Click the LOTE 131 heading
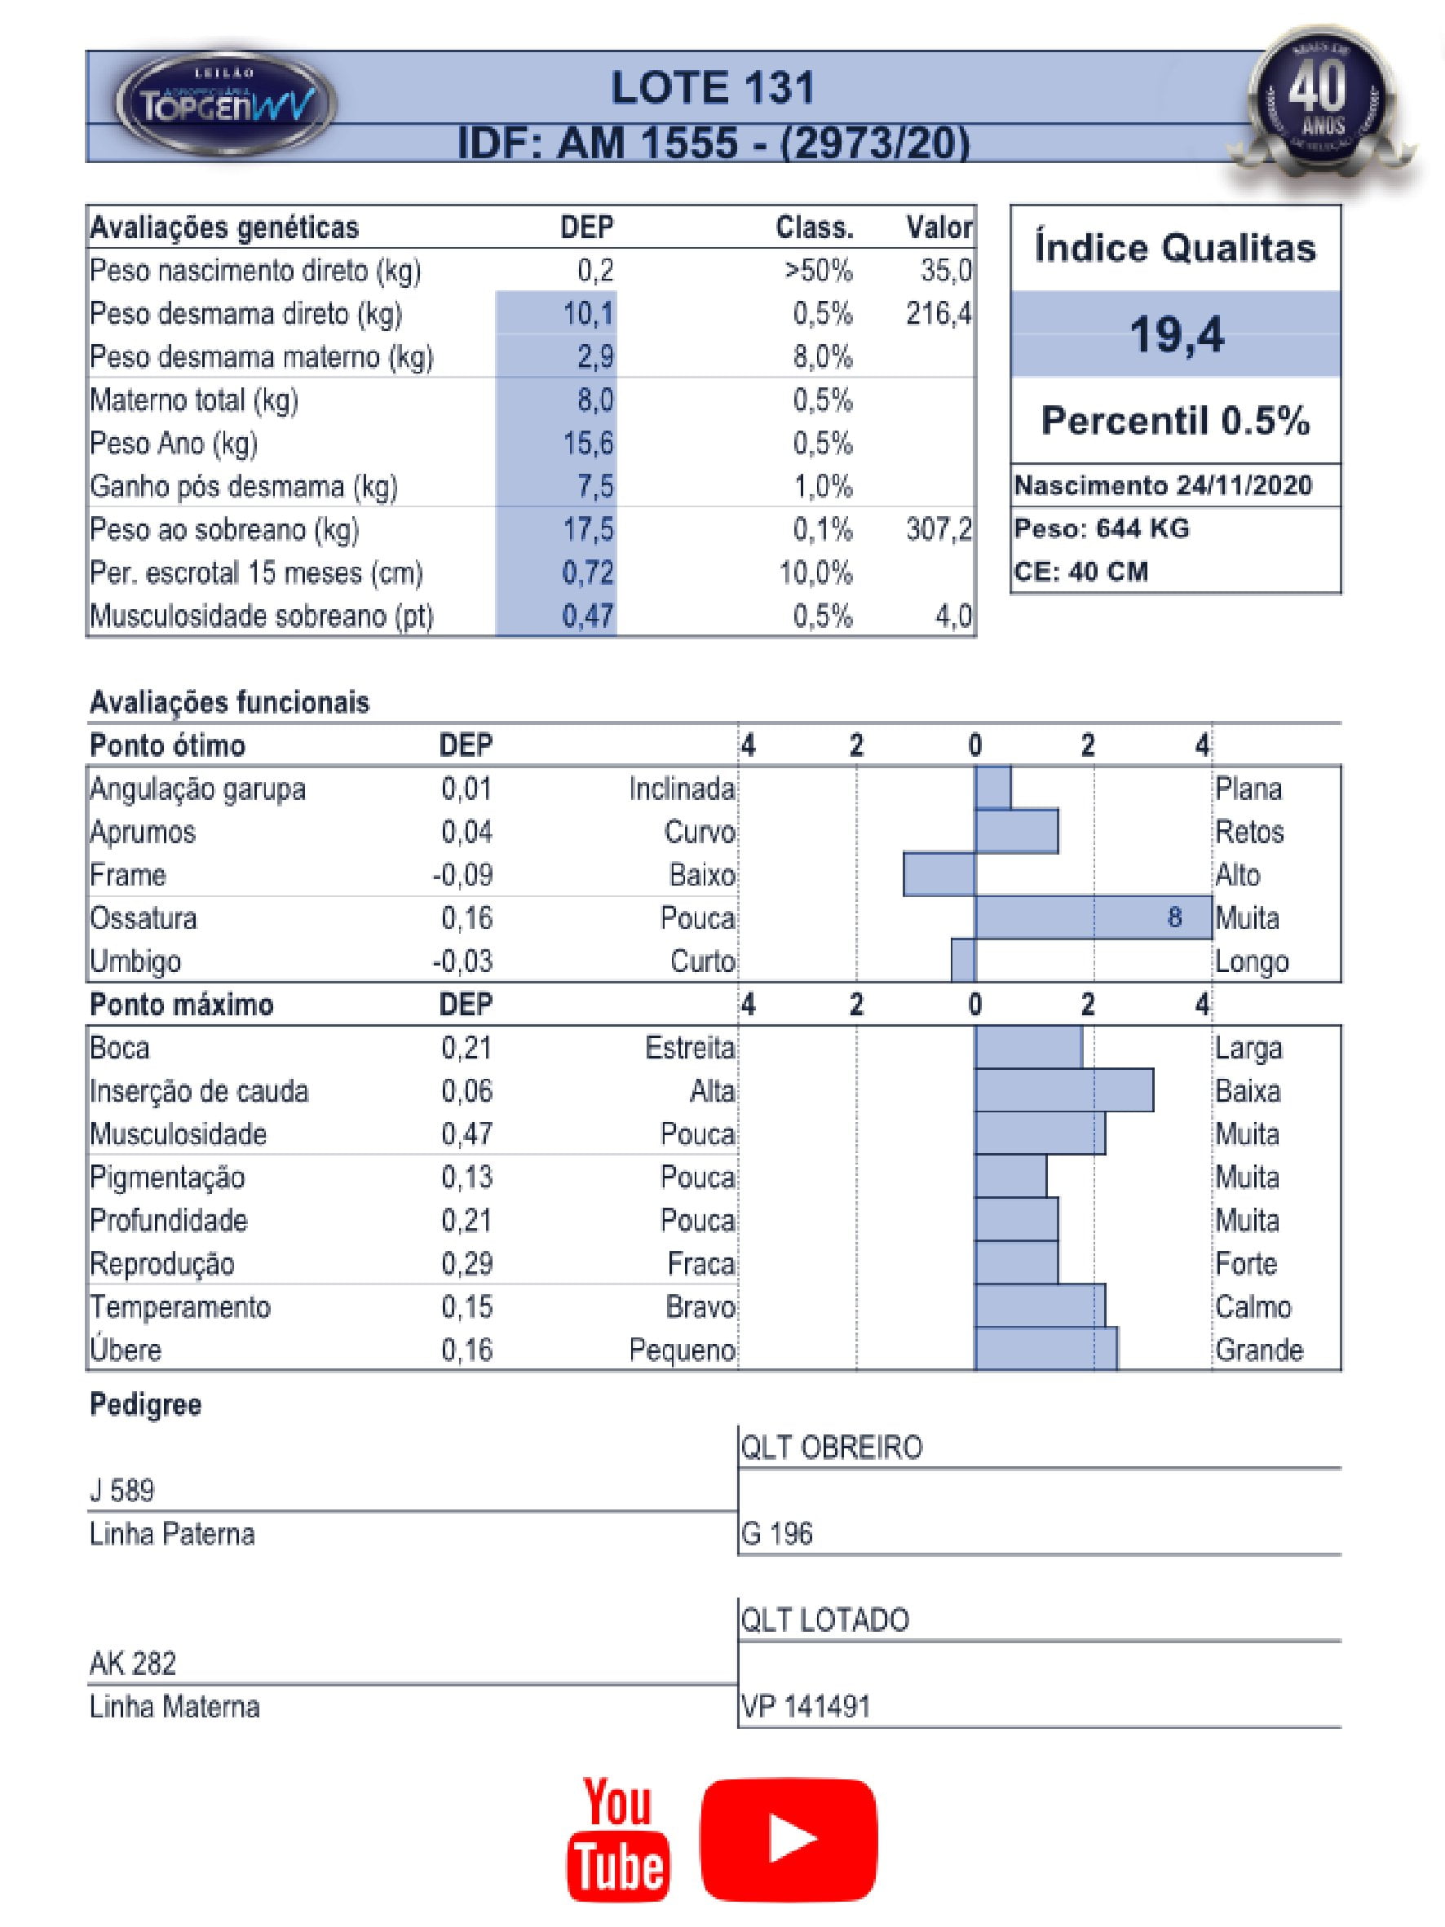713,89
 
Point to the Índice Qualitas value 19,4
1176,334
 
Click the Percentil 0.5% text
1175,421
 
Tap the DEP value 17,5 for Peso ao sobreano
588,530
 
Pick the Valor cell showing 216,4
938,314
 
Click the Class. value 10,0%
816,573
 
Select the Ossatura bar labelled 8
1093,917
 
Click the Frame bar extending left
939,875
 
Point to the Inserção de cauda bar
1063,1090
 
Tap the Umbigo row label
135,961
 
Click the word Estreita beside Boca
690,1048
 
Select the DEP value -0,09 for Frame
462,875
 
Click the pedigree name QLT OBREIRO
831,1447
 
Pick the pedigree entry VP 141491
806,1706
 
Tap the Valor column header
938,228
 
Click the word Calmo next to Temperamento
1253,1306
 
